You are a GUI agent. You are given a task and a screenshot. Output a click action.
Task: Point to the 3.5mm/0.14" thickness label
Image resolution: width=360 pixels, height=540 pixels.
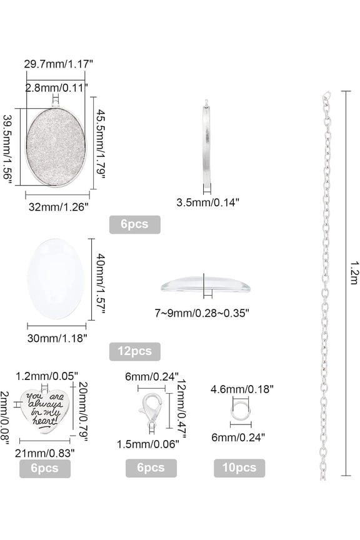pyautogui.click(x=208, y=202)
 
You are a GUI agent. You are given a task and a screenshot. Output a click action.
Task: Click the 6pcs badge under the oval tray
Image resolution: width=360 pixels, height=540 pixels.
pyautogui.click(x=134, y=224)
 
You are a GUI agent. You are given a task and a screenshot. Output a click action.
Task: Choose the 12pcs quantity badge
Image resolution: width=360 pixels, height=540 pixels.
pyautogui.click(x=134, y=351)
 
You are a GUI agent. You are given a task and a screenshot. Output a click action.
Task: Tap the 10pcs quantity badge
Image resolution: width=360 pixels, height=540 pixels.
pyautogui.click(x=239, y=468)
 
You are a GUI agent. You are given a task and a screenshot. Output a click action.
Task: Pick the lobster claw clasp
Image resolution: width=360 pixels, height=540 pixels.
pyautogui.click(x=151, y=410)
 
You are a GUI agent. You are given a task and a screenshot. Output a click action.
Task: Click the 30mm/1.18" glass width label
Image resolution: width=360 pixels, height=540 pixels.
pyautogui.click(x=57, y=337)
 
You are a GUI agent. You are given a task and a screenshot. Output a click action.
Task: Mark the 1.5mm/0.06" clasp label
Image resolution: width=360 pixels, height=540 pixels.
pyautogui.click(x=148, y=444)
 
